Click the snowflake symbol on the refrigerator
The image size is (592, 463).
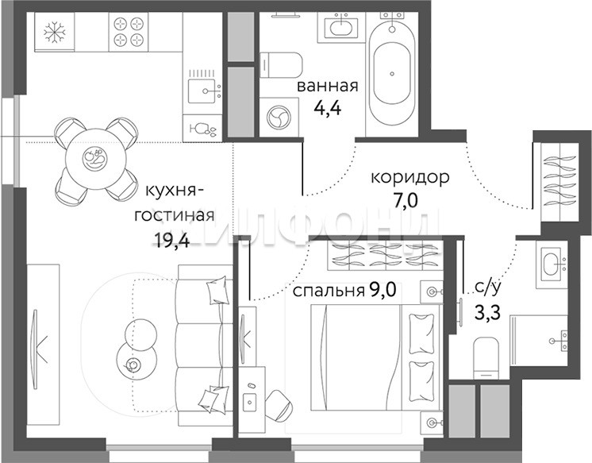pyautogui.click(x=55, y=32)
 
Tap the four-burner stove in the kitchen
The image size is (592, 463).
pyautogui.click(x=129, y=31)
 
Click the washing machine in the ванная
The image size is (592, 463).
pyautogui.click(x=279, y=117)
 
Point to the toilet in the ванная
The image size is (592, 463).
pyautogui.click(x=281, y=65)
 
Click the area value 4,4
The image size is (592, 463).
pyautogui.click(x=327, y=108)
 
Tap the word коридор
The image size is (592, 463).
pyautogui.click(x=410, y=177)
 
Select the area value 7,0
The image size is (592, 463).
pyautogui.click(x=406, y=200)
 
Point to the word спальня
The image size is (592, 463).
pyautogui.click(x=328, y=291)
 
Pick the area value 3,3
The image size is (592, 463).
pyautogui.click(x=488, y=313)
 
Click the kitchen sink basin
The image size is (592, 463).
pyautogui.click(x=203, y=91)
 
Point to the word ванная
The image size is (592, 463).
pyautogui.click(x=327, y=87)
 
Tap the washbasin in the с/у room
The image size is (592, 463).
pyautogui.click(x=553, y=264)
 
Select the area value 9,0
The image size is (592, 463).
pyautogui.click(x=382, y=291)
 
